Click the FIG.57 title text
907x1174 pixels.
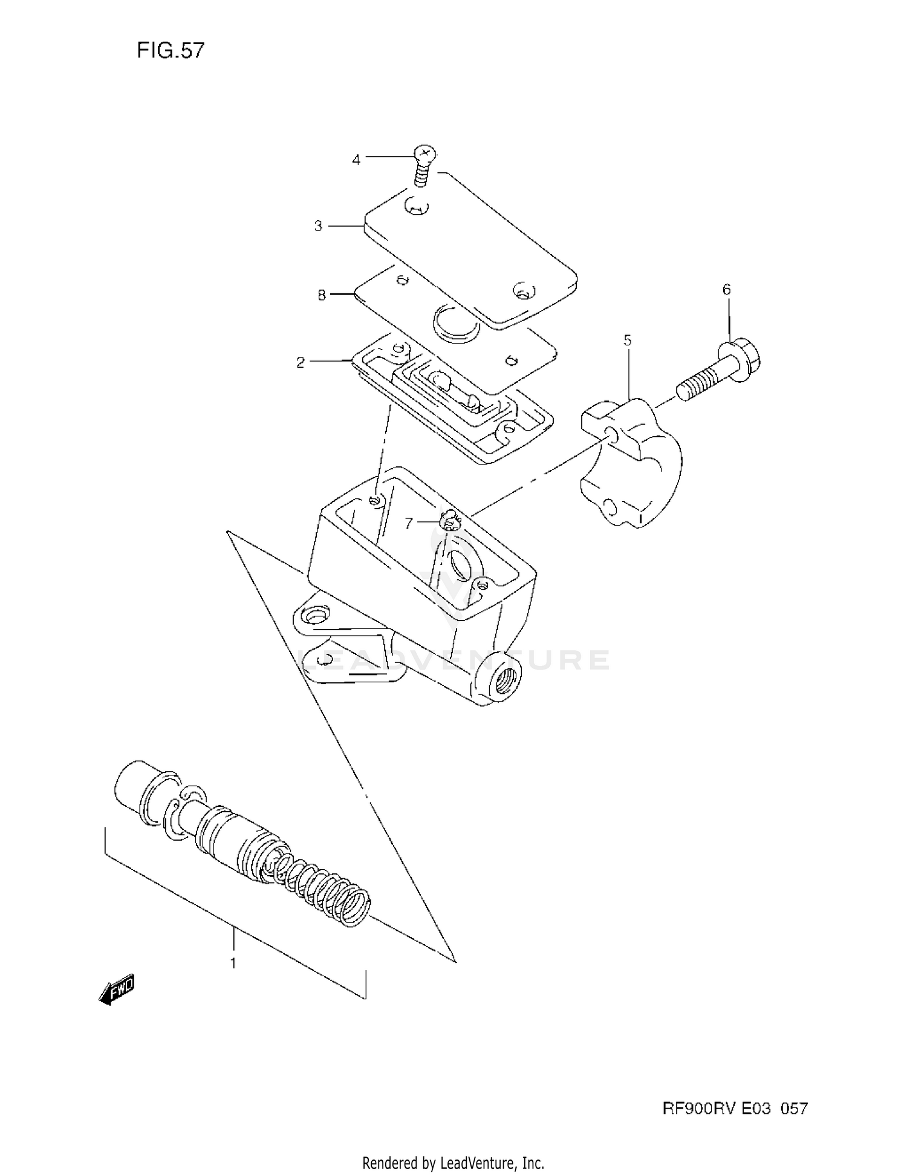171,50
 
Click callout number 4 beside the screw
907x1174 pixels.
356,160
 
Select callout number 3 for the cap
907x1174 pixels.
318,226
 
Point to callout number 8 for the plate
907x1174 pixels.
322,295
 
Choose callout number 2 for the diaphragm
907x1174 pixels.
301,363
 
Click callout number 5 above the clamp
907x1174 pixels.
628,341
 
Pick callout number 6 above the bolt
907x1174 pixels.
726,290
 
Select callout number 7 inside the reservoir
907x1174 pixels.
409,523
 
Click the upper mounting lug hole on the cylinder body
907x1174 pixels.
314,616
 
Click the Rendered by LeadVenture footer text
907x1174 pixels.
453,1163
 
